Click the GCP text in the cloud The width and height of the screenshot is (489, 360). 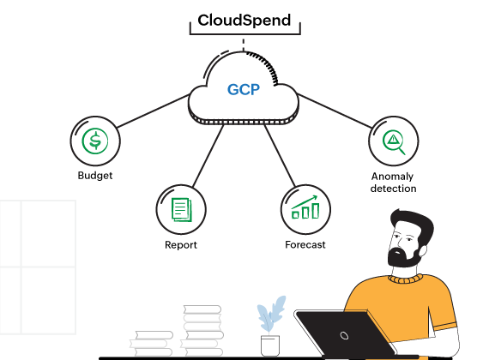click(x=244, y=90)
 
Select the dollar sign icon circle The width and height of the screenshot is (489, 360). click(x=95, y=141)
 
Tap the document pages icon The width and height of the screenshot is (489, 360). click(x=181, y=209)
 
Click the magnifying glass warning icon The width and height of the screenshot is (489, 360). click(x=394, y=141)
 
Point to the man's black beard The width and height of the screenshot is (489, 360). click(x=404, y=255)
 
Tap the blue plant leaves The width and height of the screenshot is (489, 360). click(x=271, y=314)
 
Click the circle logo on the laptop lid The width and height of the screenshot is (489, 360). click(x=343, y=334)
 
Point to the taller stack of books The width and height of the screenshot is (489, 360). click(x=202, y=330)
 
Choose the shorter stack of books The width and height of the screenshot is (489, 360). click(x=152, y=344)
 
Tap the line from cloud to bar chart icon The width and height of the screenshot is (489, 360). click(x=278, y=154)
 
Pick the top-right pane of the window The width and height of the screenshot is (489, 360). click(x=48, y=232)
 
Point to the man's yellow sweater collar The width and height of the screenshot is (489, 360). click(x=405, y=278)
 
